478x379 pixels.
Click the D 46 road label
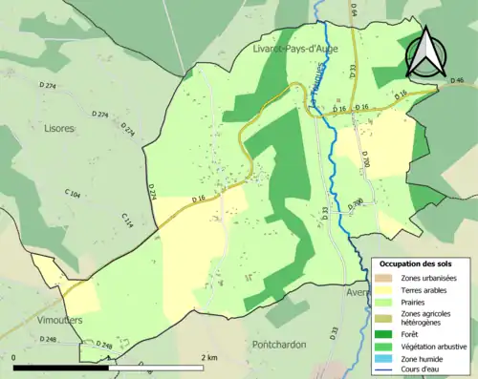[457, 81]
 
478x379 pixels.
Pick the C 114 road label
[127, 220]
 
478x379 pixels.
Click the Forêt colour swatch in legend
[386, 334]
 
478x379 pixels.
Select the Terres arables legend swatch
[386, 290]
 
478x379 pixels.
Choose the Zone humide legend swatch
[386, 361]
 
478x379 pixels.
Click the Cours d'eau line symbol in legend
[386, 372]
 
